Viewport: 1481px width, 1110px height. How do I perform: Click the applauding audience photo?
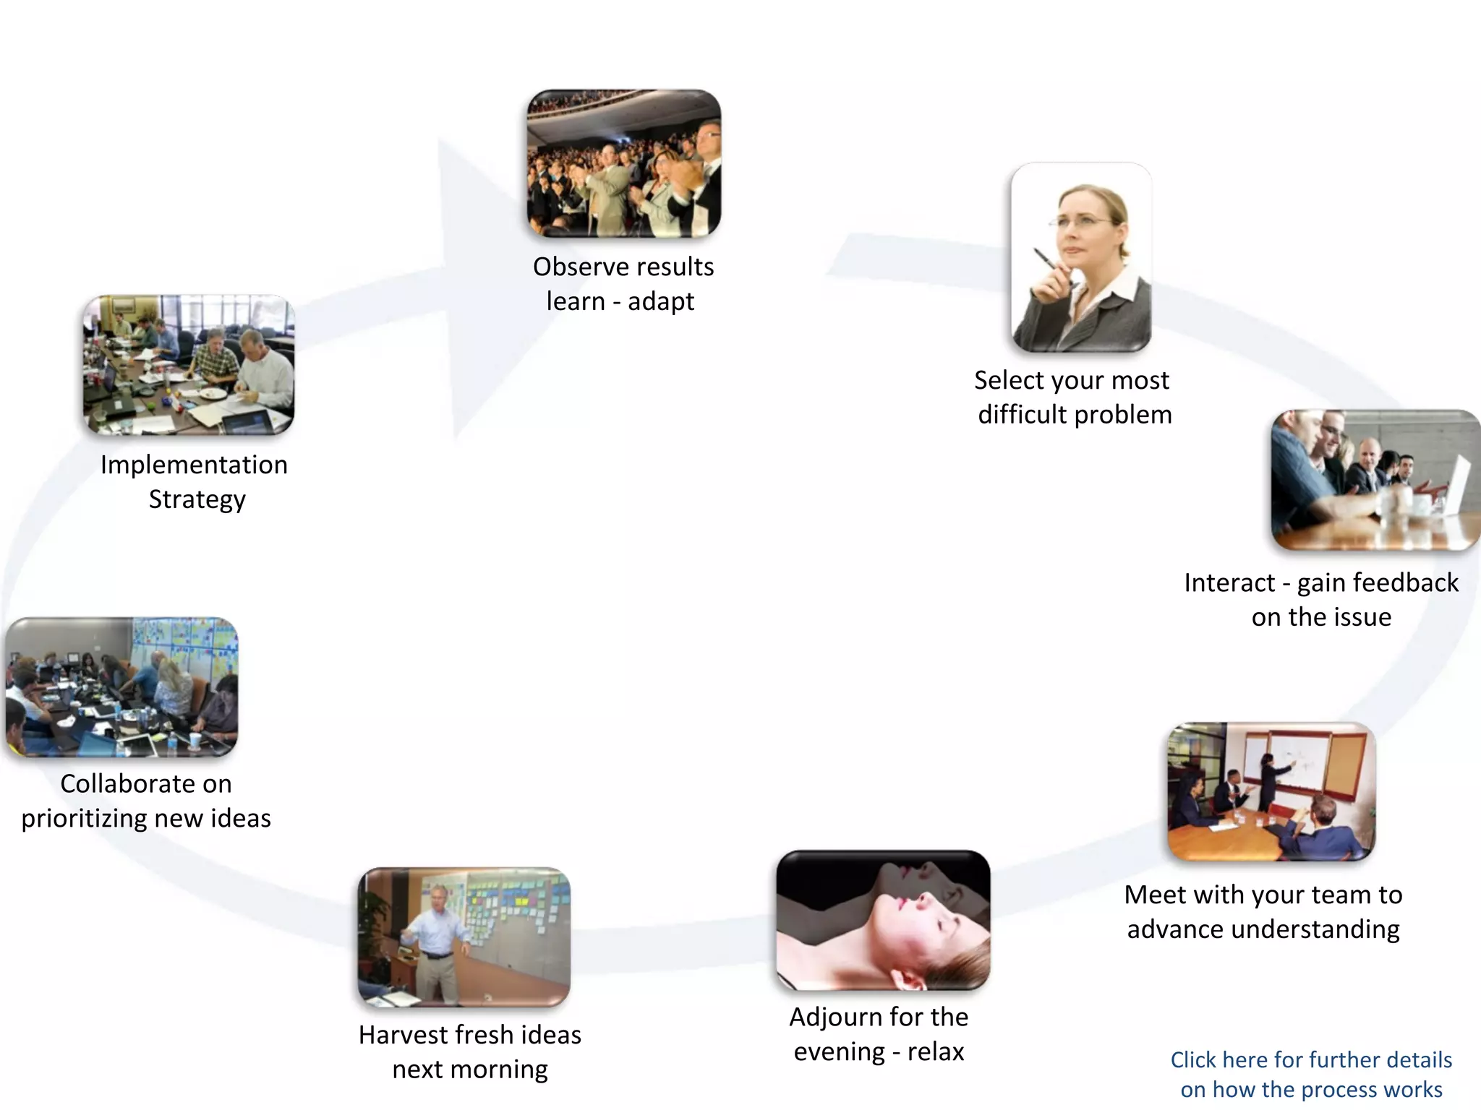coord(623,163)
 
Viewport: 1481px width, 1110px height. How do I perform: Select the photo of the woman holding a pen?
coord(1080,257)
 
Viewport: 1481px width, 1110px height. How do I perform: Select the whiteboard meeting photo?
coord(1271,791)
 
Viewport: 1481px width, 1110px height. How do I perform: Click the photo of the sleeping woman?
coord(882,920)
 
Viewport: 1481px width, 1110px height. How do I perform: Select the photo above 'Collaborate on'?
coord(121,687)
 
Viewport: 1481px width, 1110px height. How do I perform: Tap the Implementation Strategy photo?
coord(188,365)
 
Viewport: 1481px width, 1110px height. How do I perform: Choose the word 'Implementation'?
coord(194,465)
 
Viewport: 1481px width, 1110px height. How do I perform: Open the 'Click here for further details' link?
coord(1310,1074)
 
